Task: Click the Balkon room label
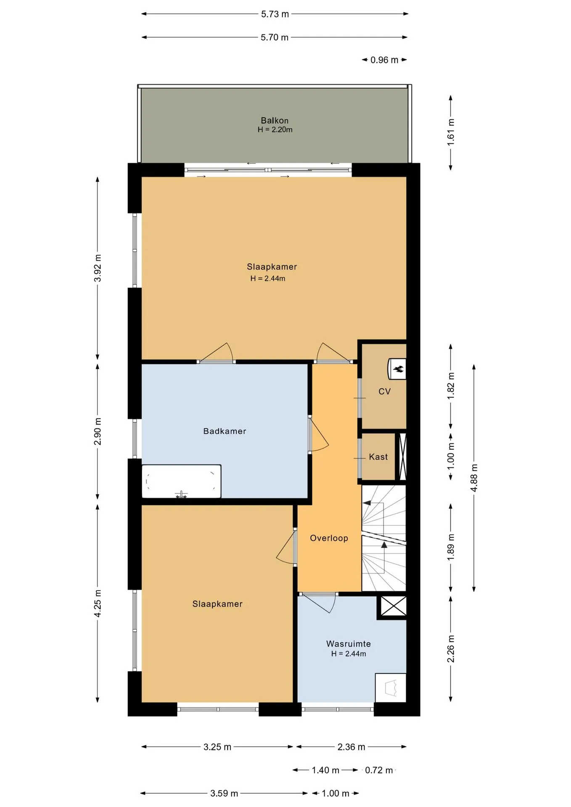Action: [x=275, y=121]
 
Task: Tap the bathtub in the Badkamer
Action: [x=181, y=481]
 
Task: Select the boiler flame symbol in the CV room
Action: [x=398, y=369]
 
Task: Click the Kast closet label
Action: [x=378, y=457]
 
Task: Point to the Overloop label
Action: [x=329, y=538]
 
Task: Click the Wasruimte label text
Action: [x=349, y=643]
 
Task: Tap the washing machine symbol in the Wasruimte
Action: [x=391, y=688]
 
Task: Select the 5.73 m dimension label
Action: [x=275, y=14]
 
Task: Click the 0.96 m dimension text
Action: [x=384, y=60]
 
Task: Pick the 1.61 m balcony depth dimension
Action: [x=451, y=132]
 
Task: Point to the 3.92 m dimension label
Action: [x=98, y=268]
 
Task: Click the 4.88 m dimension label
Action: [x=474, y=478]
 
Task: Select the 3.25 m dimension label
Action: [x=217, y=747]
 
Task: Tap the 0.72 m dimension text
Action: [x=379, y=770]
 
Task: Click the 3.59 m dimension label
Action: [x=224, y=793]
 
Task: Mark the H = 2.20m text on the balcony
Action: [x=275, y=129]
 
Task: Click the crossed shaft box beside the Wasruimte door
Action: [x=394, y=606]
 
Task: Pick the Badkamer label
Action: [x=225, y=431]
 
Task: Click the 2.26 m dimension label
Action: [x=451, y=649]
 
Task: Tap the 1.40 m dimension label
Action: [x=325, y=770]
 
